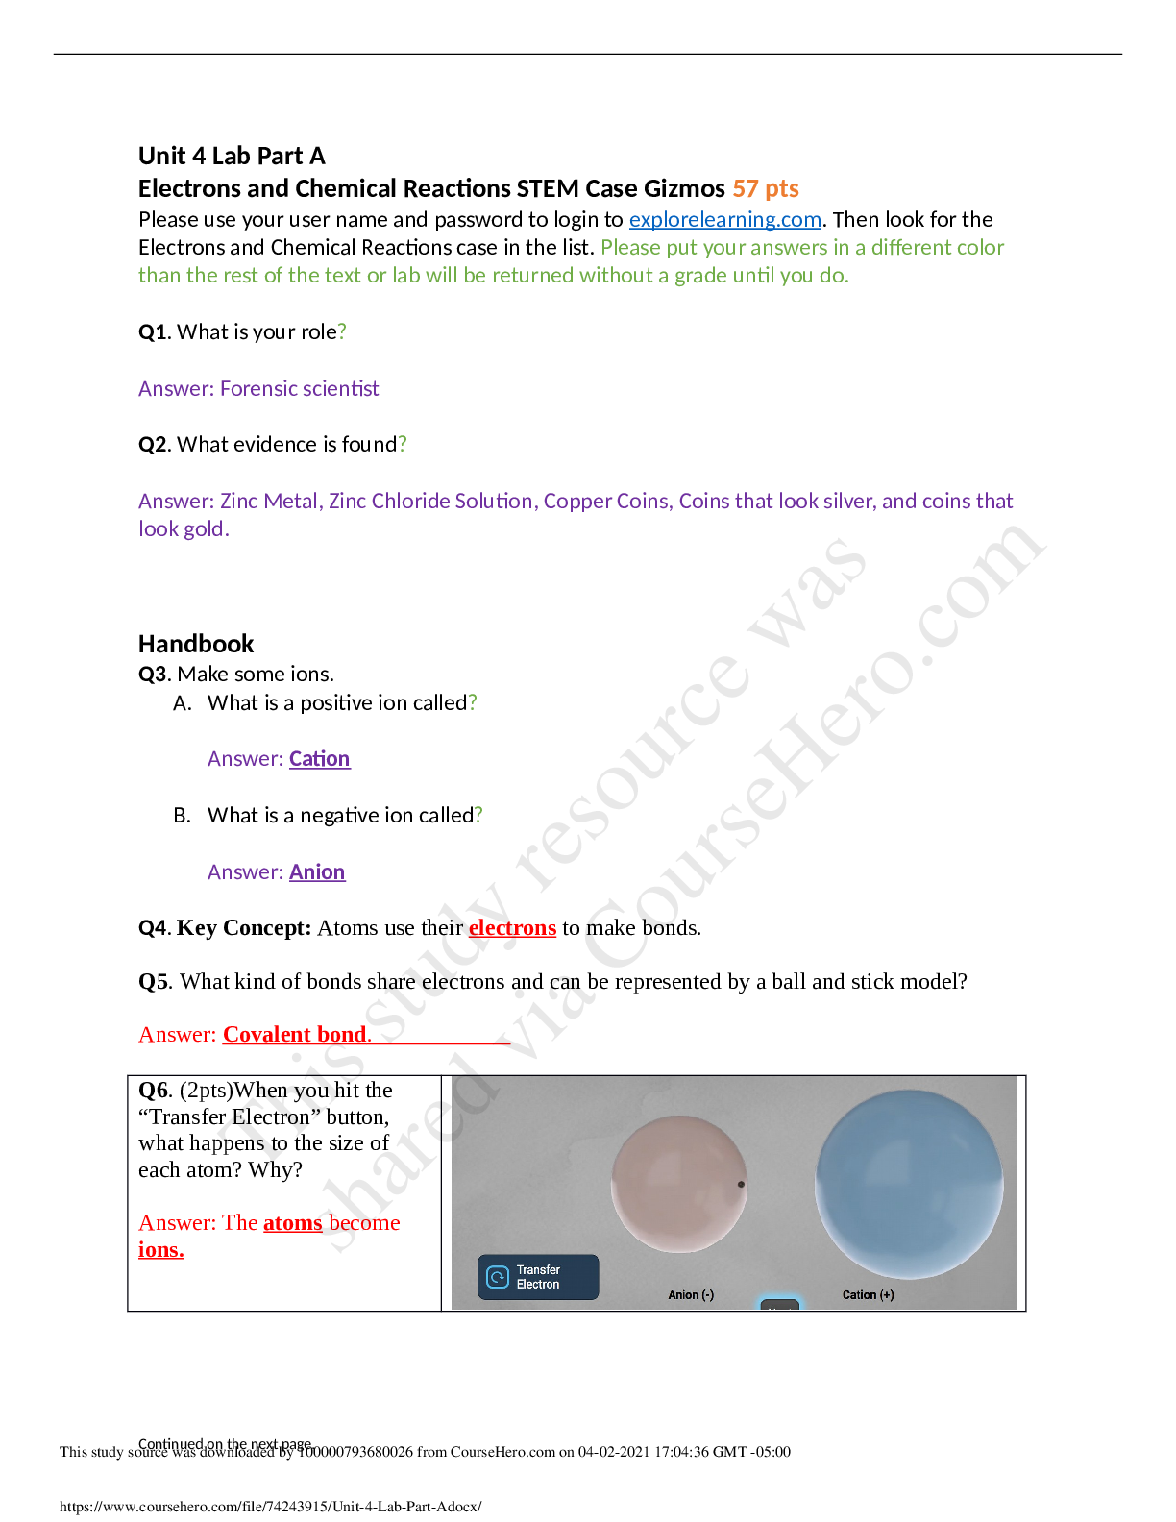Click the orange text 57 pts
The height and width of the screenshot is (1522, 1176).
(x=766, y=188)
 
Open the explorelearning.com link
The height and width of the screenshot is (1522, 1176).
(x=724, y=220)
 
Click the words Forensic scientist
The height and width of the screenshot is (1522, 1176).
(x=299, y=388)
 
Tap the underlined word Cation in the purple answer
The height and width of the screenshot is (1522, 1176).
(x=319, y=759)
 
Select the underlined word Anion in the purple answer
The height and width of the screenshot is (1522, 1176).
(x=317, y=872)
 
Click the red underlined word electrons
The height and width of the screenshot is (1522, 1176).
(x=512, y=928)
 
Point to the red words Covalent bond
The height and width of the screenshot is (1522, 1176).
(x=296, y=1035)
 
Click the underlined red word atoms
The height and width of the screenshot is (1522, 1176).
(x=292, y=1223)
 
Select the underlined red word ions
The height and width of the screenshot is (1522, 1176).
(x=160, y=1250)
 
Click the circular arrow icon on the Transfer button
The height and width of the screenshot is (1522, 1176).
(x=498, y=1277)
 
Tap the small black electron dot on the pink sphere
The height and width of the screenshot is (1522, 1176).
(x=741, y=1185)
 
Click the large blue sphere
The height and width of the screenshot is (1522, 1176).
(x=908, y=1184)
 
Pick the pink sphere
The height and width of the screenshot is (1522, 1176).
(x=677, y=1184)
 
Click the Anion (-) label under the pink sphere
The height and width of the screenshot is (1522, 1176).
(x=691, y=1295)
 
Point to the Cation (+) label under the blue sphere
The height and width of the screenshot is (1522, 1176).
(x=868, y=1295)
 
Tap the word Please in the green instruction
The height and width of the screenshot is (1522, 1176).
(x=630, y=248)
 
